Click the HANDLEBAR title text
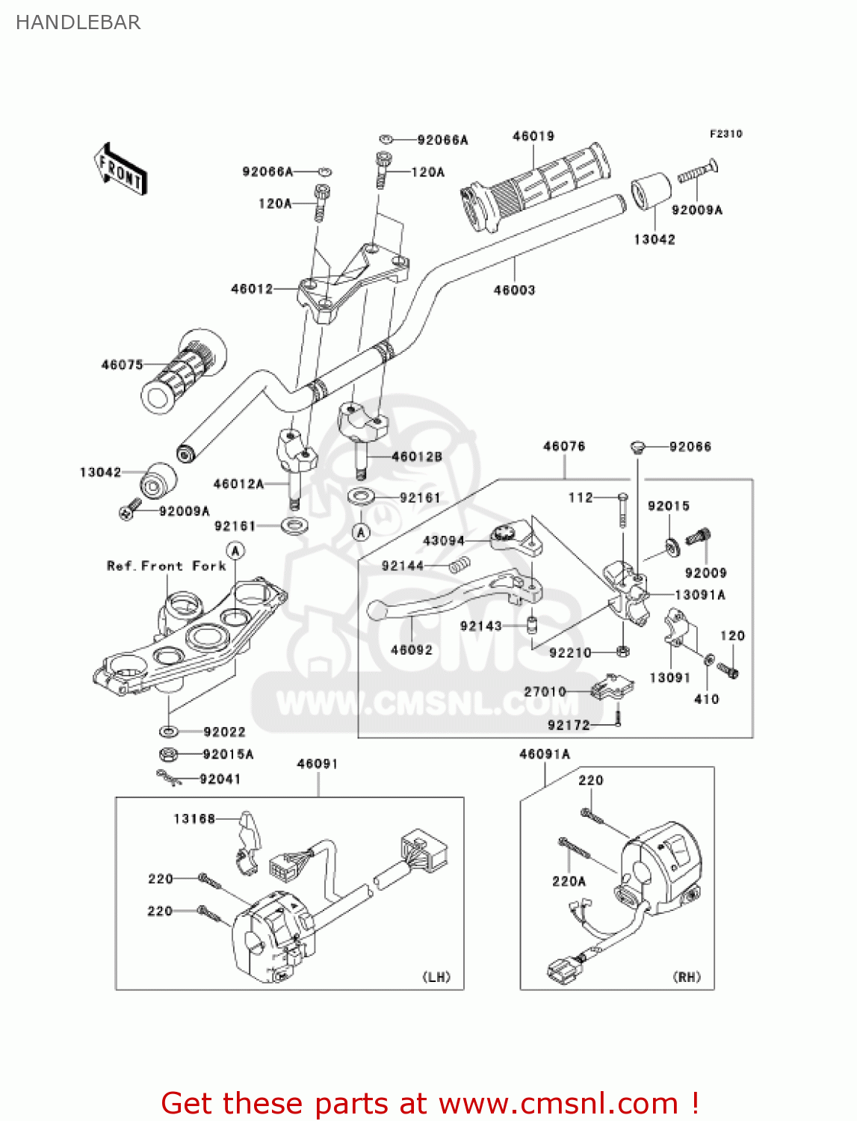pos(78,22)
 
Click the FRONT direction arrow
pos(120,170)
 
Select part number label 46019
pos(533,136)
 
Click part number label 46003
pos(514,290)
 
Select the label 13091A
pos(699,595)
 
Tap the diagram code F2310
pos(725,134)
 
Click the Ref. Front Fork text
pos(166,566)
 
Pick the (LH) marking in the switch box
pos(436,977)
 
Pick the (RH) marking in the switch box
pos(687,977)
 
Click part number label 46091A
pos(544,754)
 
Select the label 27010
pos(545,691)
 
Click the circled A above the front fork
pos(235,552)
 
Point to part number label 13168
pos(194,819)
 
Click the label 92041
pos(220,779)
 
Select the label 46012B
pos(416,457)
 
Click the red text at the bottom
pos(430,1103)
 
